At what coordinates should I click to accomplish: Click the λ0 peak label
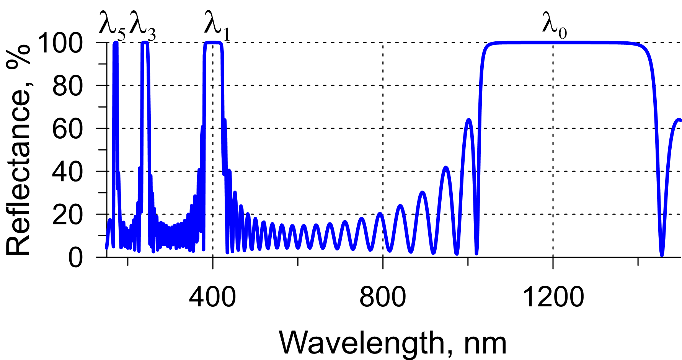click(x=554, y=26)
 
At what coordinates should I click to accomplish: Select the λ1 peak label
click(x=217, y=26)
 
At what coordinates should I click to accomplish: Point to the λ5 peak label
click(x=112, y=26)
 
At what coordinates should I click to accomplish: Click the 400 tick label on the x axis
click(x=212, y=297)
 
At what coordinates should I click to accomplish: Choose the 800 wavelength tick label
click(x=382, y=297)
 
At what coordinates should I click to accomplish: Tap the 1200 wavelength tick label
click(x=553, y=297)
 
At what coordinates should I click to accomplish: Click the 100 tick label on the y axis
click(x=60, y=43)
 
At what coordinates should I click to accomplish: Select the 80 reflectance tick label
click(x=67, y=86)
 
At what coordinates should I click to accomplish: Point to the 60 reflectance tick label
click(x=67, y=129)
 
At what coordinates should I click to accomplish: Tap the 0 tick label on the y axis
click(x=75, y=257)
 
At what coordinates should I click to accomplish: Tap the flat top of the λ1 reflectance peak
click(x=213, y=43)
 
